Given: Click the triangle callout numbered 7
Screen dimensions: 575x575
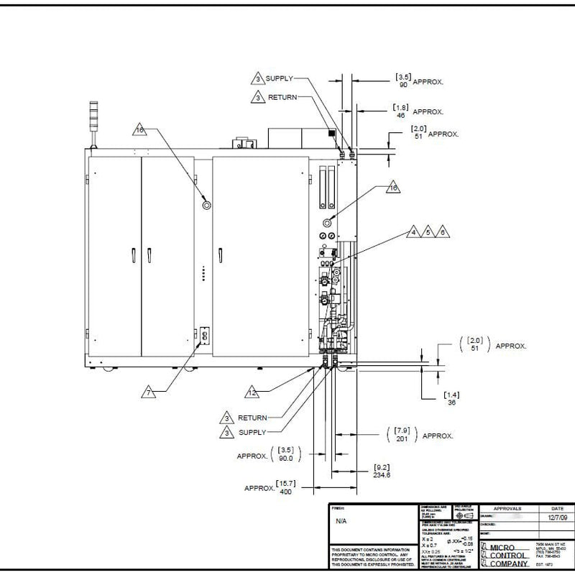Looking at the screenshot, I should click(148, 392).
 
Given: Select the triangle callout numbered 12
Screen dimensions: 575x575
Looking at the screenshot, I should click(253, 392).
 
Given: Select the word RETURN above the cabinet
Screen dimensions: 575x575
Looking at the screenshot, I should click(282, 96).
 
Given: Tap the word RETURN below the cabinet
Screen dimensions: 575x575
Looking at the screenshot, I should click(252, 418).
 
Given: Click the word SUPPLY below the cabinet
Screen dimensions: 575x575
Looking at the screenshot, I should click(252, 432).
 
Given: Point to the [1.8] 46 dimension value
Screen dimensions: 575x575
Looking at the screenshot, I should click(400, 111).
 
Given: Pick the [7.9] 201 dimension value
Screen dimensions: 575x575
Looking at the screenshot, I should click(402, 434).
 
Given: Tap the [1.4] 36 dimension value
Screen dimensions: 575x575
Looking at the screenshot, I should click(451, 398).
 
